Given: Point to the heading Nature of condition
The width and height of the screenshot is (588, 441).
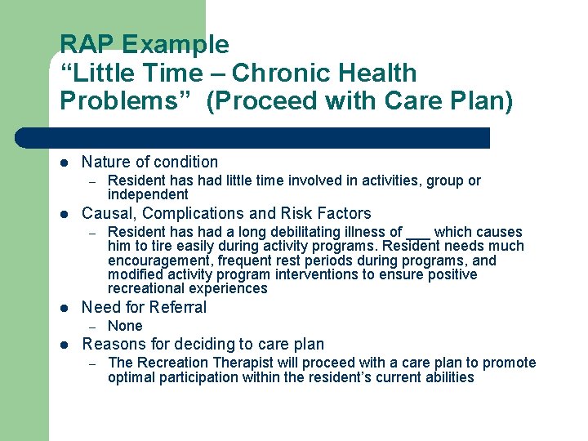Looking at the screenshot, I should (150, 162).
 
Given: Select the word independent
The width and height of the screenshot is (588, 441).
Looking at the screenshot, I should (148, 194).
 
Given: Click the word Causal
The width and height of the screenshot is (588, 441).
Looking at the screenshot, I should (106, 214).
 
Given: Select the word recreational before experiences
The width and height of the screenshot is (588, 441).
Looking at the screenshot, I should (145, 288).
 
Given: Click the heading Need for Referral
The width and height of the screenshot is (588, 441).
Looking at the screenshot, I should (145, 307).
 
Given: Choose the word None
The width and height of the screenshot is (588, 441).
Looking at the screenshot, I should (125, 326).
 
